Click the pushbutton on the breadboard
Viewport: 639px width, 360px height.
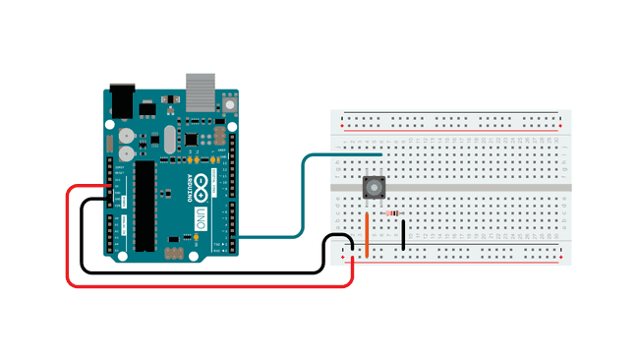coord(374,186)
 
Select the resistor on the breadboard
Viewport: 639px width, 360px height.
coord(393,212)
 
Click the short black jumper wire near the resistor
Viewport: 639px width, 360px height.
coord(403,234)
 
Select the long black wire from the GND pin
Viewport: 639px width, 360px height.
coord(197,270)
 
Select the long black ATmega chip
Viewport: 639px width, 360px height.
coord(146,202)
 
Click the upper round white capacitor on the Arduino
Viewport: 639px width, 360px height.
coord(126,136)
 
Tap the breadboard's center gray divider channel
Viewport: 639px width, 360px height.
coord(452,186)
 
